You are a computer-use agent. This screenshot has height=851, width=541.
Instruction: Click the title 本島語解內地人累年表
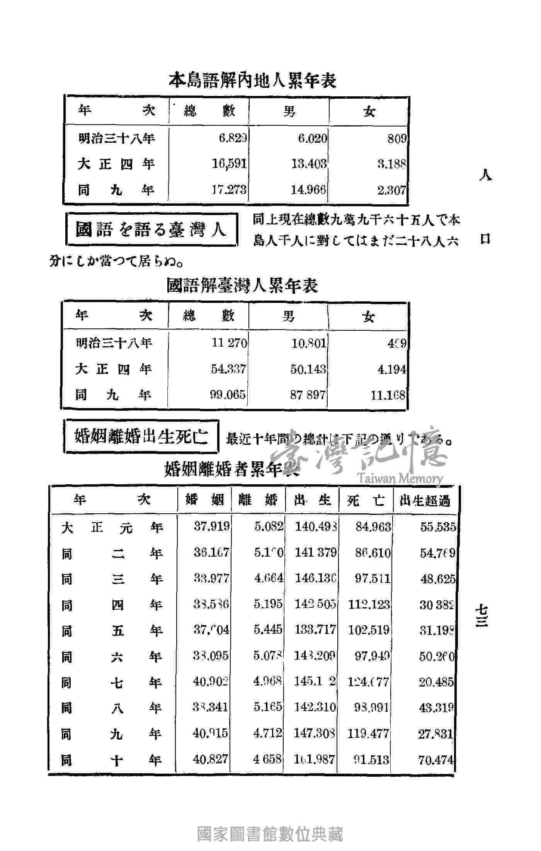(253, 80)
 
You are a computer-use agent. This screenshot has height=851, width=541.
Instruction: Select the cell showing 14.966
(308, 190)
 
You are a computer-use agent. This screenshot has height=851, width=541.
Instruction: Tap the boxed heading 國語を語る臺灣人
(151, 230)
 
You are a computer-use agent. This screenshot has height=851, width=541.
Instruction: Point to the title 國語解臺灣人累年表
(242, 286)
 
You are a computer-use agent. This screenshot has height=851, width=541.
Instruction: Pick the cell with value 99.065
(228, 395)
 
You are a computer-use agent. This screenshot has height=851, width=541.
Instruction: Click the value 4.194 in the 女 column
(391, 369)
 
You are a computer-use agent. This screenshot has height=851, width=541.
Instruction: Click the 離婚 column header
(258, 500)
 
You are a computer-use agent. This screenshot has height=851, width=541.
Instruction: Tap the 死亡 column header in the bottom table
(366, 501)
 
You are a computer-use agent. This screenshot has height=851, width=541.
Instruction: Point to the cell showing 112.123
(369, 604)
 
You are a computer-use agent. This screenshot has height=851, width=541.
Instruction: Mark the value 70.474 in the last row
(436, 760)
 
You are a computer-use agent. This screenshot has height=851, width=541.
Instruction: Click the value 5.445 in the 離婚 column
(268, 630)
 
